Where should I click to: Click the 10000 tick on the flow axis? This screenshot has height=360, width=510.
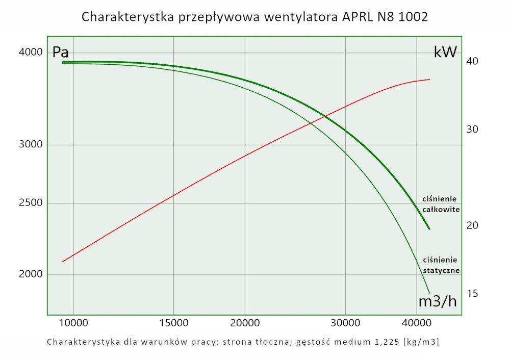click(73, 323)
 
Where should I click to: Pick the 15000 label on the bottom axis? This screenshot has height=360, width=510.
click(174, 323)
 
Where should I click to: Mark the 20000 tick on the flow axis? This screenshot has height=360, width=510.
click(245, 323)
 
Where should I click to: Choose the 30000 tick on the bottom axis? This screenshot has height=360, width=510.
click(346, 323)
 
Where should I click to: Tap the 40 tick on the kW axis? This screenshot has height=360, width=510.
click(472, 61)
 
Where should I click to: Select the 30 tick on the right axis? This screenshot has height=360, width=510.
click(472, 130)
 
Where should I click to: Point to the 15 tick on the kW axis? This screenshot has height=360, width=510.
click(472, 294)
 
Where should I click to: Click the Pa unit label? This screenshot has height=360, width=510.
click(60, 53)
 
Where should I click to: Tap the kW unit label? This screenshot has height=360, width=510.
click(445, 52)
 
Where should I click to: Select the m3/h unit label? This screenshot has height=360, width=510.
click(437, 301)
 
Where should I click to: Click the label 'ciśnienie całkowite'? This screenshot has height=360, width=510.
click(441, 204)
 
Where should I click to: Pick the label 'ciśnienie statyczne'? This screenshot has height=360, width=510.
click(441, 265)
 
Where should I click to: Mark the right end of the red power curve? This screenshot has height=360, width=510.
click(429, 80)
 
